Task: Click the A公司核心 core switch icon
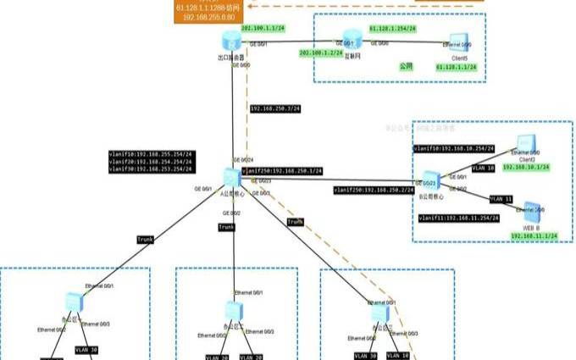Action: pos(231,177)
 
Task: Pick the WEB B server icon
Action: pos(528,210)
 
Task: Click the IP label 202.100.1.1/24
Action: pos(263,28)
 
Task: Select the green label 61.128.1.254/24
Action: pos(390,28)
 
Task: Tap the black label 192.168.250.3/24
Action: pos(276,108)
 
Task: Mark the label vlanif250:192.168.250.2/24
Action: pos(368,190)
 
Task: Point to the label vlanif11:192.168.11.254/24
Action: pos(456,218)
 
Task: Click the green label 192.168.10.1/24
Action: pos(532,168)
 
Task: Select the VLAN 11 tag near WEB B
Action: pos(501,198)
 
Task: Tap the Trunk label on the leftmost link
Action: pos(145,240)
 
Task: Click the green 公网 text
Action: pos(406,65)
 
